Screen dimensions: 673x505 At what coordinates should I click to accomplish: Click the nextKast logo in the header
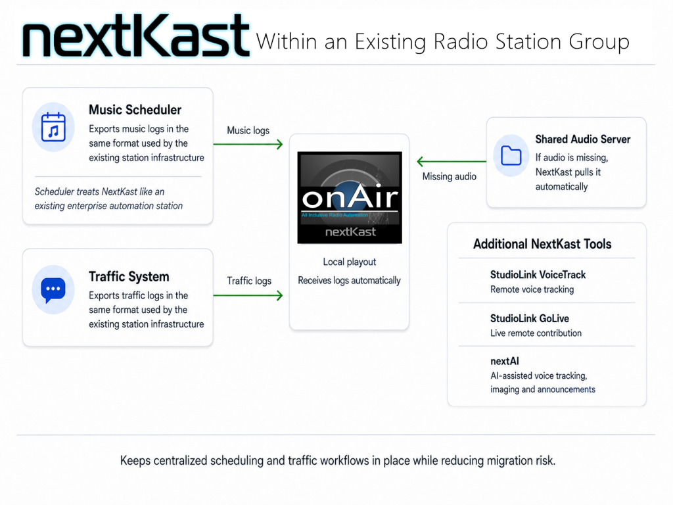[135, 36]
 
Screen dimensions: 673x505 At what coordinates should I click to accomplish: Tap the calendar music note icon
[53, 127]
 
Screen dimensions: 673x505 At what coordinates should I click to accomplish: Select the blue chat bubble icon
[53, 290]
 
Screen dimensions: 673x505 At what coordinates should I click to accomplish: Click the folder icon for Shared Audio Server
[511, 155]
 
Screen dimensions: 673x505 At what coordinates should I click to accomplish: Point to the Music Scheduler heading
[135, 110]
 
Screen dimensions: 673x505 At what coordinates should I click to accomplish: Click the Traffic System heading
[129, 277]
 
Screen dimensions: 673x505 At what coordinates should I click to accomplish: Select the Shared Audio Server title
[583, 139]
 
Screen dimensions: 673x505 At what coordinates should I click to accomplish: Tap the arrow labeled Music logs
[248, 144]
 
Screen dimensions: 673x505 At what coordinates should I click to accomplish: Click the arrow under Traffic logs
[248, 295]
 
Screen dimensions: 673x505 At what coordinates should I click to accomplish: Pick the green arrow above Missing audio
[452, 162]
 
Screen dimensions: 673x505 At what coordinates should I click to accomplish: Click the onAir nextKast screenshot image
[350, 197]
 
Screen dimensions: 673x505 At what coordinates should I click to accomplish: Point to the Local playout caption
[350, 262]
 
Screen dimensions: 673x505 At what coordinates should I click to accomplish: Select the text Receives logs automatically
[350, 280]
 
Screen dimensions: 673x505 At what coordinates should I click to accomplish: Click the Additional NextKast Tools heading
[542, 244]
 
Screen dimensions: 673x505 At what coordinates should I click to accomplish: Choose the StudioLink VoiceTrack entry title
[538, 275]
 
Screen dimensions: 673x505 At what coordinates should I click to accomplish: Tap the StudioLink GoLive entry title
[530, 318]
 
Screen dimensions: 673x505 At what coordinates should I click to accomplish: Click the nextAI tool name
[505, 361]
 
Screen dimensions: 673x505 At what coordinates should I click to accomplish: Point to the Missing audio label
[450, 176]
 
